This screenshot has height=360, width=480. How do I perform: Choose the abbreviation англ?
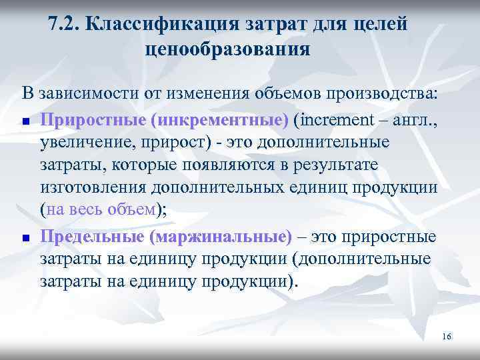(415, 121)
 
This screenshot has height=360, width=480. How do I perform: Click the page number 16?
(446, 336)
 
